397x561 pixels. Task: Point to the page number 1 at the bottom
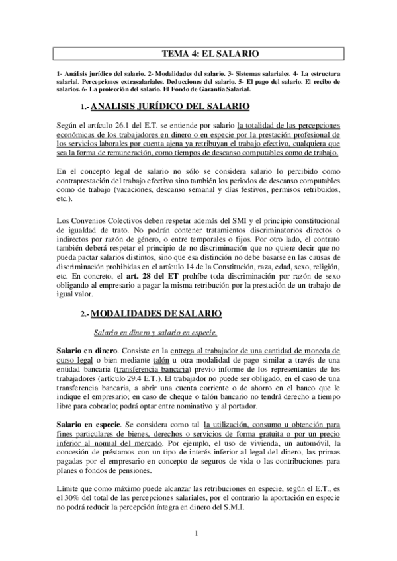click(x=198, y=534)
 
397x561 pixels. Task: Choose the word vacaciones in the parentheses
click(x=132, y=191)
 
